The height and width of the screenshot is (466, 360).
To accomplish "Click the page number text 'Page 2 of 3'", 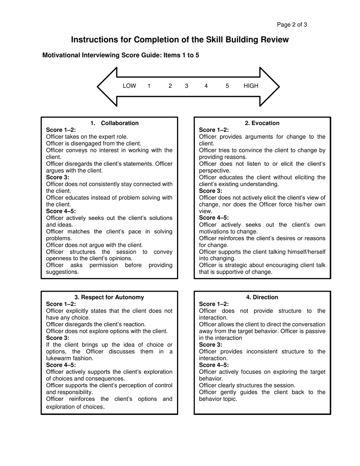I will [x=292, y=25].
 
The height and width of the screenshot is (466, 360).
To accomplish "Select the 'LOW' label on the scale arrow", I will [x=129, y=86].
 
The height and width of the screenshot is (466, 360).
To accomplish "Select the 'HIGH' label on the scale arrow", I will [x=251, y=86].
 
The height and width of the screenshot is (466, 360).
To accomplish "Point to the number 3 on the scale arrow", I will [x=186, y=86].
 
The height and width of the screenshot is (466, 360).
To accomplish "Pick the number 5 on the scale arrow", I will [x=227, y=86].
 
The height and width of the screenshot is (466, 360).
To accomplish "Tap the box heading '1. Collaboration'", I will [x=114, y=123].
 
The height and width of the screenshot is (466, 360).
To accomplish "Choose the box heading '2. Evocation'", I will [x=262, y=123].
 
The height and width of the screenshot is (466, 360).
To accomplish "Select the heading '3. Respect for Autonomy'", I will [x=110, y=297].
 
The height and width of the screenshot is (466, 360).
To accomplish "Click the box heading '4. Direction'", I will [x=262, y=297].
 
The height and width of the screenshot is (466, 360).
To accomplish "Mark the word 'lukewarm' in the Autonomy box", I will [x=58, y=358].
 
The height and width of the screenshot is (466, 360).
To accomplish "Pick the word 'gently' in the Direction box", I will [x=229, y=392].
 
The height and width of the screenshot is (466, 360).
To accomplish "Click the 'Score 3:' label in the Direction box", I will [x=211, y=345].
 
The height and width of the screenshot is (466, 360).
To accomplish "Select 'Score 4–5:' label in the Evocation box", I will [x=214, y=218].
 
